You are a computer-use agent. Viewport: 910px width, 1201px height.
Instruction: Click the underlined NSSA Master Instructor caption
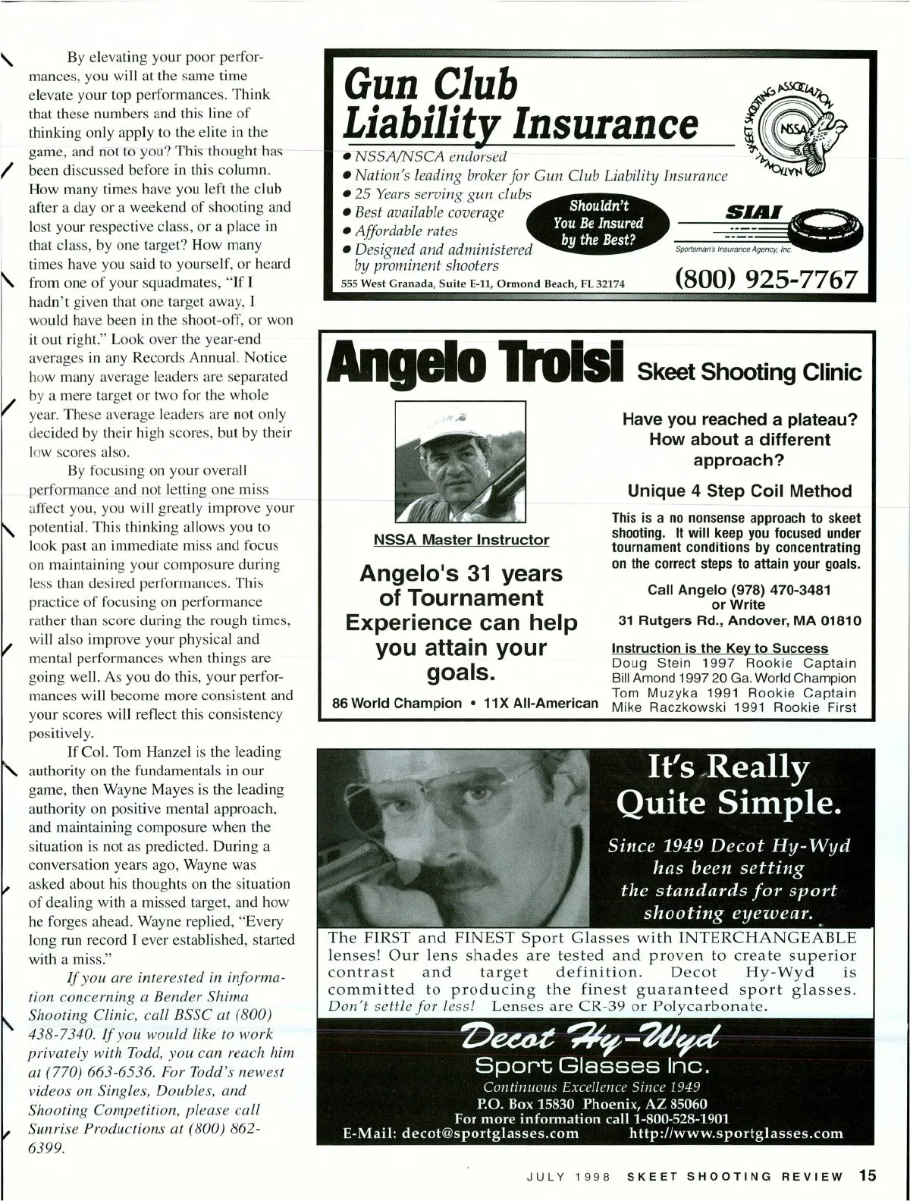[461, 540]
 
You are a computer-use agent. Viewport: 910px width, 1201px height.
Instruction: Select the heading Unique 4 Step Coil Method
[739, 491]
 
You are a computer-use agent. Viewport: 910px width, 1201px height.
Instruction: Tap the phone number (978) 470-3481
[781, 590]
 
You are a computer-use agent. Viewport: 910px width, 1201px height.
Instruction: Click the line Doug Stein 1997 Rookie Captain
[733, 663]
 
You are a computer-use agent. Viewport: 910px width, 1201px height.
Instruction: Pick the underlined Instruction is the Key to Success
[720, 648]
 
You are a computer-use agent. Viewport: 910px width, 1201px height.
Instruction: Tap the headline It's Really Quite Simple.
[728, 785]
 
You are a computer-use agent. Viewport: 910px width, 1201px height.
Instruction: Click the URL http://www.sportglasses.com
[736, 1134]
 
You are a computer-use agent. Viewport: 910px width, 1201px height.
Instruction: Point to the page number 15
[868, 1176]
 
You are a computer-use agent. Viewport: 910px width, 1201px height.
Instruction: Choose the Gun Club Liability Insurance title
[519, 105]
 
